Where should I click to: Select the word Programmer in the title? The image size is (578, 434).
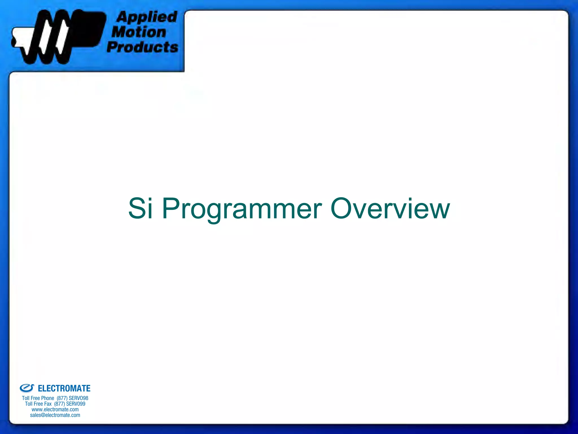(x=242, y=209)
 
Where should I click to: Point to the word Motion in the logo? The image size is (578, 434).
(x=139, y=32)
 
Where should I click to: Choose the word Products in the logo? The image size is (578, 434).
(x=143, y=47)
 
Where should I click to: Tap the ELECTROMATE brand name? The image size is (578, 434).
(x=64, y=389)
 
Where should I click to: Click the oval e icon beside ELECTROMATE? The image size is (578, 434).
(x=27, y=388)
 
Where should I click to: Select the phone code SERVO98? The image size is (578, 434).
(x=78, y=398)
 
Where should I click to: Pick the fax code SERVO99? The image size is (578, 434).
(x=76, y=404)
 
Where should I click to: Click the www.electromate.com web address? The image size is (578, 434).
(x=55, y=409)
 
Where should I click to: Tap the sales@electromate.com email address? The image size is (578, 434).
(x=55, y=415)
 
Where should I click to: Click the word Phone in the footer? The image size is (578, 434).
(x=47, y=398)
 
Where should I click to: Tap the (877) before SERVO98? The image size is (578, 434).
(x=62, y=398)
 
